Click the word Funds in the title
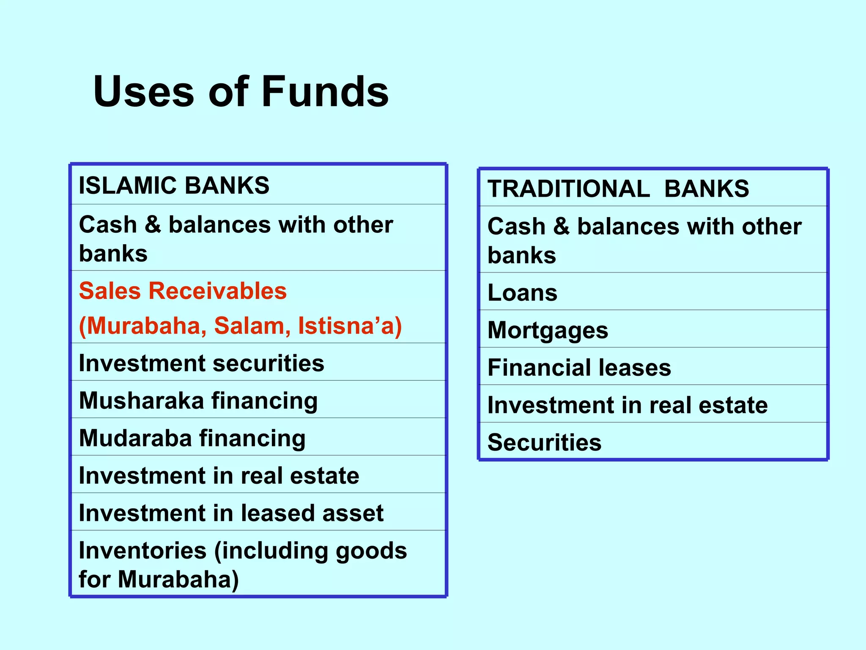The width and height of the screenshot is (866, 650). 325,91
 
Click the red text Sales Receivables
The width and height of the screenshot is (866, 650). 183,291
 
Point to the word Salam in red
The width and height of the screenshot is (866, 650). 252,326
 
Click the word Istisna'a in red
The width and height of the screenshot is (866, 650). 349,326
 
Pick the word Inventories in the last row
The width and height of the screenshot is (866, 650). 143,551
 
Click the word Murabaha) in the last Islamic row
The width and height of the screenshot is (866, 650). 178,579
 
